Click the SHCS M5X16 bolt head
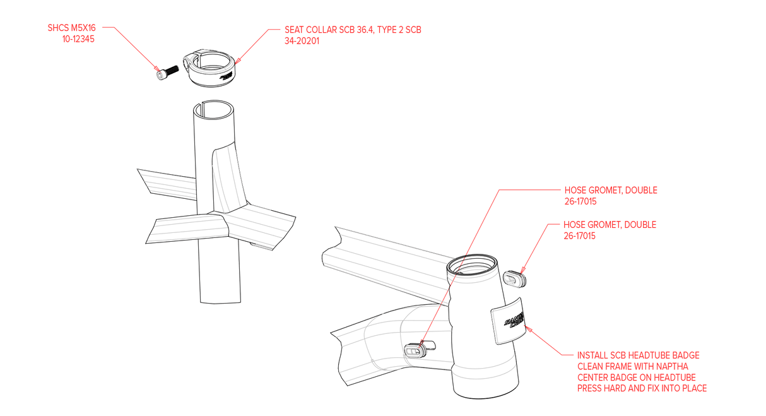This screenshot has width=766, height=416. pyautogui.click(x=160, y=75)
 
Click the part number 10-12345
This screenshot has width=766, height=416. pyautogui.click(x=80, y=39)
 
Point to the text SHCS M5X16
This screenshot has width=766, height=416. pyautogui.click(x=74, y=28)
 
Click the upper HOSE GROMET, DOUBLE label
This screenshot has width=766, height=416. pyautogui.click(x=610, y=191)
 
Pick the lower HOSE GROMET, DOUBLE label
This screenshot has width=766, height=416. pyautogui.click(x=610, y=225)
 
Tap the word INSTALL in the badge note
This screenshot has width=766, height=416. pyautogui.click(x=595, y=356)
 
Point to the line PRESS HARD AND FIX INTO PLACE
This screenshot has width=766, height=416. pyautogui.click(x=642, y=388)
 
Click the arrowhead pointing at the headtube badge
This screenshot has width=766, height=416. pyautogui.click(x=529, y=328)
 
